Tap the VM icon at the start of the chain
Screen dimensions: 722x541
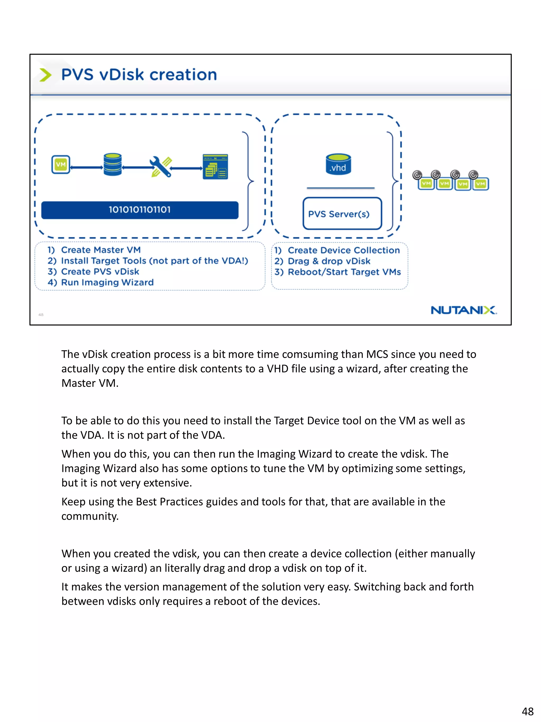pos(61,164)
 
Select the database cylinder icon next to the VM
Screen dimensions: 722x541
pos(113,164)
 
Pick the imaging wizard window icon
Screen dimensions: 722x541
pos(215,167)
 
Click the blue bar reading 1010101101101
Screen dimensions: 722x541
pos(139,210)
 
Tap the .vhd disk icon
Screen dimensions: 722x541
pos(338,164)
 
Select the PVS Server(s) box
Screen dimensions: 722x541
pos(342,214)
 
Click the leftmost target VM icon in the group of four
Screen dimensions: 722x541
pos(426,184)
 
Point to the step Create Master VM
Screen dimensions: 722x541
pos(101,250)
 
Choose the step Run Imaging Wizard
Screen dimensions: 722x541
pos(107,282)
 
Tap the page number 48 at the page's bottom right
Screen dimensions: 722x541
pos(527,711)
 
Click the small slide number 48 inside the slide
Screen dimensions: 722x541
pos(41,315)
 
